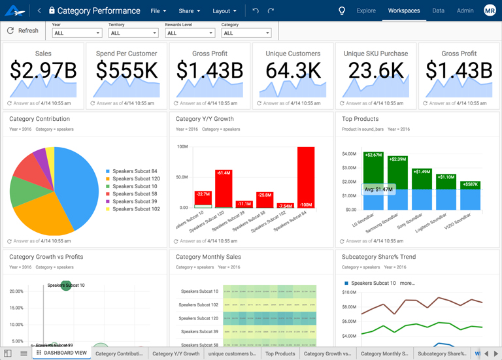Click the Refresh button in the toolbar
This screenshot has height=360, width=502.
(23, 31)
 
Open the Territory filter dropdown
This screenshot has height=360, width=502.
(133, 33)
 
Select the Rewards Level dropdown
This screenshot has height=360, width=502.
(190, 33)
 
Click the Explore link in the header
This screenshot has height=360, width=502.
(366, 10)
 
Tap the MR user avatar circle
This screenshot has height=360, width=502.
(490, 10)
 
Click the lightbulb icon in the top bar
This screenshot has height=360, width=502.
(341, 10)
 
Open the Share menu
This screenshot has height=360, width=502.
(190, 10)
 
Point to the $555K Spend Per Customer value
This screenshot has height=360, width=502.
(126, 71)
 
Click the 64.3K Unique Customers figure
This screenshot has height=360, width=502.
(293, 71)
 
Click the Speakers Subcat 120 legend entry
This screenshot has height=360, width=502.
(135, 178)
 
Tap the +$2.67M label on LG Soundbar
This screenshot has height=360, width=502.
(373, 155)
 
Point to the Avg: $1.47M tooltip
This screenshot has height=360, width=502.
(378, 189)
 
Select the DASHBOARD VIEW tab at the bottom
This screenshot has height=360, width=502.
(61, 353)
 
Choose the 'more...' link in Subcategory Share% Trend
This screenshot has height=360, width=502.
(407, 283)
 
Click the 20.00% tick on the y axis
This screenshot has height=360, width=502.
(16, 291)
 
